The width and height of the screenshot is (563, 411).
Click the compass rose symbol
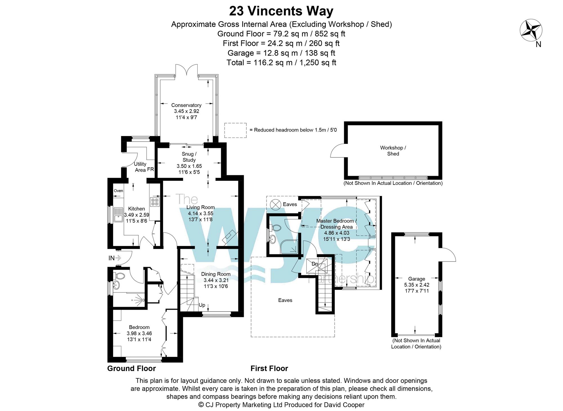pyautogui.click(x=531, y=30)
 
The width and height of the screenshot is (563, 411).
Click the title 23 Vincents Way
pyautogui.click(x=281, y=11)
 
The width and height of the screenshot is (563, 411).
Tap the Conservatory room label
pyautogui.click(x=186, y=105)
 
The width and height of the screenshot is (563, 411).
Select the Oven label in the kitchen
pyautogui.click(x=118, y=191)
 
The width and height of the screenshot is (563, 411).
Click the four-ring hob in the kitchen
pyautogui.click(x=155, y=202)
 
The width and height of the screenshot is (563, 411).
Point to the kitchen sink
pyautogui.click(x=118, y=214)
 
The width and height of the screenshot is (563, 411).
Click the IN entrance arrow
pyautogui.click(x=115, y=258)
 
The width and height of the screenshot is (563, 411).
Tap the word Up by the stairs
pyautogui.click(x=202, y=305)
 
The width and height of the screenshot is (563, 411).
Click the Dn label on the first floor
pyautogui.click(x=315, y=264)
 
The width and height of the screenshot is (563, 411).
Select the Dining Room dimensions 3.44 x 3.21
pyautogui.click(x=216, y=280)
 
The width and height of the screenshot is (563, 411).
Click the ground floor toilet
pyautogui.click(x=120, y=276)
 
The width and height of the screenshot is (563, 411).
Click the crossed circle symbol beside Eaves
pyautogui.click(x=275, y=204)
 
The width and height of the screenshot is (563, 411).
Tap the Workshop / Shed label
pyautogui.click(x=393, y=151)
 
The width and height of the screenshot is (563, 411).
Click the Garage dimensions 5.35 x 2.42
pyautogui.click(x=417, y=285)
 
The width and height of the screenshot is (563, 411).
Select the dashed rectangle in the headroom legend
pyautogui.click(x=235, y=130)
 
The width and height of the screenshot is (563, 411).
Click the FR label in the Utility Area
pyautogui.click(x=150, y=169)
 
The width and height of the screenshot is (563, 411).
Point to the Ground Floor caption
pyautogui.click(x=131, y=368)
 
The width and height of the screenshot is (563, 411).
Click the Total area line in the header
pyautogui.click(x=281, y=63)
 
